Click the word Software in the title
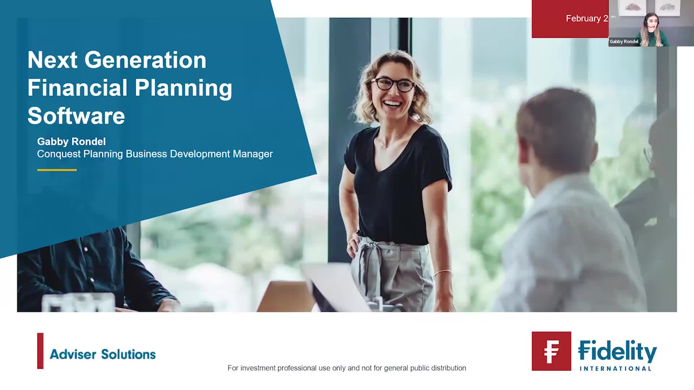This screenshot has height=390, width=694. click(76, 116)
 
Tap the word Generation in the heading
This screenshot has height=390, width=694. click(145, 60)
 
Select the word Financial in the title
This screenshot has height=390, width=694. click(77, 88)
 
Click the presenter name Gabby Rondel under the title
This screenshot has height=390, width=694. click(71, 142)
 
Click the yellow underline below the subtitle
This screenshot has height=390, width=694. click(57, 170)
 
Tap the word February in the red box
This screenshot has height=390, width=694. click(583, 19)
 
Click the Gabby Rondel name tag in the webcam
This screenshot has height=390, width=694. click(624, 42)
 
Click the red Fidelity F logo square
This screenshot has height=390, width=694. click(551, 351)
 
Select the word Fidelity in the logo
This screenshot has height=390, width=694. click(617, 351)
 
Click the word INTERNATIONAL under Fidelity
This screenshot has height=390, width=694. click(615, 369)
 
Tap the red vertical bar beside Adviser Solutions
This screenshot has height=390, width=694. click(40, 351)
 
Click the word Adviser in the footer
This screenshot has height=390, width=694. click(73, 354)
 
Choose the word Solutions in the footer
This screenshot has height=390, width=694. click(128, 354)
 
